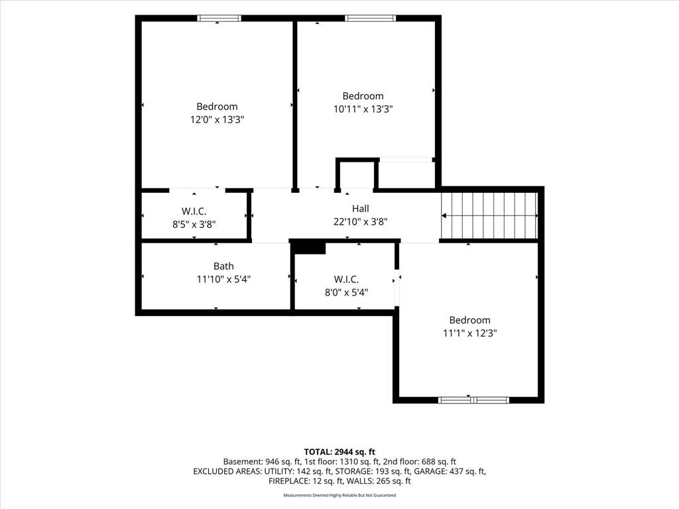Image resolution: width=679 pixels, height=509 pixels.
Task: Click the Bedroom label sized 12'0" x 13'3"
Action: [x=217, y=107]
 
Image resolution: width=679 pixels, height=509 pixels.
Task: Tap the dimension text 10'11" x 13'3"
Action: [x=363, y=109]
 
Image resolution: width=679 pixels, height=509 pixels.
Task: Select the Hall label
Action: [x=360, y=209]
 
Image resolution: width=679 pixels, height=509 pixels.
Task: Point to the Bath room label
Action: [x=223, y=266]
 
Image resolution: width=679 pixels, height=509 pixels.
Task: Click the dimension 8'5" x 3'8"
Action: [x=194, y=224]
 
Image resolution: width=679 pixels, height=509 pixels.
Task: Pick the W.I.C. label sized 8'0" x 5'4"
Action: [x=346, y=279]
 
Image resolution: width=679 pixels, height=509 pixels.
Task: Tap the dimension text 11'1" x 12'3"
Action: [x=470, y=333]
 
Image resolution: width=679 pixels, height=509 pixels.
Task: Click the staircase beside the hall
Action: [x=489, y=215]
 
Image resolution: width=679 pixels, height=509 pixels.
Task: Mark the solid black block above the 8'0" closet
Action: [x=308, y=248]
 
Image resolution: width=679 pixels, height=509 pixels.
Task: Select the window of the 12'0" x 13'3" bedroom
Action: [x=219, y=18]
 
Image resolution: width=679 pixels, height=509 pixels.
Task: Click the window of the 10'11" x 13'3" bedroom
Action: [x=370, y=18]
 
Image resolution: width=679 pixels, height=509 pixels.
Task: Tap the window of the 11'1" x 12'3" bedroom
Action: [x=473, y=400]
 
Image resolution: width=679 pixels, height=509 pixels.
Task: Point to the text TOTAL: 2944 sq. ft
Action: [x=339, y=452]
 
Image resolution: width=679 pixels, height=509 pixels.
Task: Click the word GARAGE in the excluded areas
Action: [x=430, y=471]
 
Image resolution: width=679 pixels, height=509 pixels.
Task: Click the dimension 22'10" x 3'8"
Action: [x=360, y=221]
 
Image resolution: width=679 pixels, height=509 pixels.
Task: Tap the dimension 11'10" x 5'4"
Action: [x=224, y=280]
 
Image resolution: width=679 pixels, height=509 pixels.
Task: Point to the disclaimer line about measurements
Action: [x=339, y=495]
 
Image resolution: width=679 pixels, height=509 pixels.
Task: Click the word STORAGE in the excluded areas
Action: [x=353, y=471]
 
